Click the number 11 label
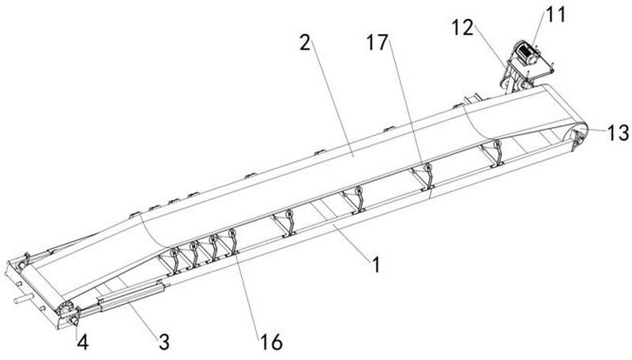point(556,15)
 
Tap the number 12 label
point(463,28)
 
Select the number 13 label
point(618,133)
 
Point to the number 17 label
point(378,43)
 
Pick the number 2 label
point(306,43)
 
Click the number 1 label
point(376,265)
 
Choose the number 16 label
point(271,343)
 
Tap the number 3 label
point(164,342)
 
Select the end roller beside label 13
point(580,141)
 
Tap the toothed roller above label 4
point(65,310)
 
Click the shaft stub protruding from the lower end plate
point(23,299)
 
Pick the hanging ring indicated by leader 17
point(427,167)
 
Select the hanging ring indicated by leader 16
point(231,234)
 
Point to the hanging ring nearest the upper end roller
point(498,145)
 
